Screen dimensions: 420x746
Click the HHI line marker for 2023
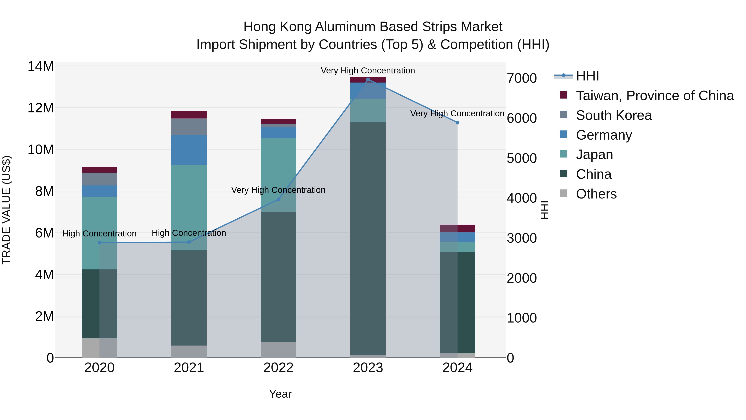[368, 79]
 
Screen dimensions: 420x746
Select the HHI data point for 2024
[457, 123]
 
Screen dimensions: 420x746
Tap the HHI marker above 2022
[278, 199]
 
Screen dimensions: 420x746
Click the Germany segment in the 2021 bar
[189, 150]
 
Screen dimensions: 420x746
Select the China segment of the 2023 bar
[368, 238]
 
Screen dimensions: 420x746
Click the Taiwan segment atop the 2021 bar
[189, 115]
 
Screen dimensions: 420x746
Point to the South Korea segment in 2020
[99, 179]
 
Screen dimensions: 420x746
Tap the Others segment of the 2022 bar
[278, 349]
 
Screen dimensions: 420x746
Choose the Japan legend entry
[594, 155]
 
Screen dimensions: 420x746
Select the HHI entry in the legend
[587, 76]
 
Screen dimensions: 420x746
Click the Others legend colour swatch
[564, 193]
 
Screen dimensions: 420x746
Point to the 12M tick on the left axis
[41, 108]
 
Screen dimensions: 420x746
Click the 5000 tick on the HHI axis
[522, 158]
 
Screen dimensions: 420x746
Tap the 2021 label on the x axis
[189, 368]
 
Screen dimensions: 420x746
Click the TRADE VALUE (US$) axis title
[6, 210]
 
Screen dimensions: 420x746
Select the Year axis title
[280, 394]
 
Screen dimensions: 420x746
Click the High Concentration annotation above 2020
[99, 234]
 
